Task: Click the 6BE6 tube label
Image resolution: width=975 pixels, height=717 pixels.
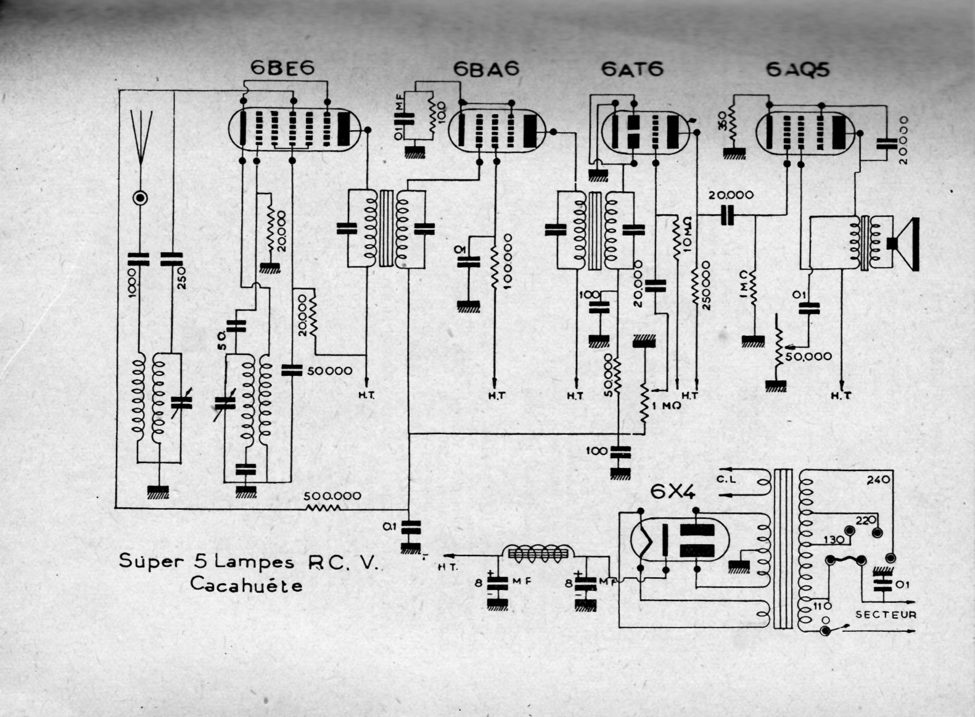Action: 282,68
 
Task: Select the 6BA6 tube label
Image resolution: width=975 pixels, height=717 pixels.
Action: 486,69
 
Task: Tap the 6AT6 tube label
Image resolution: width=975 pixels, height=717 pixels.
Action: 632,69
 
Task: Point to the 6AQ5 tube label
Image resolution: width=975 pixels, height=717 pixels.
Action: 798,70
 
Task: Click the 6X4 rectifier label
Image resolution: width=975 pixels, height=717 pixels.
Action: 673,492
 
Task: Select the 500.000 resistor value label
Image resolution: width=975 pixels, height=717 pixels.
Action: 332,496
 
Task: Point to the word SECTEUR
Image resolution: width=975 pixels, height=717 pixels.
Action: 886,615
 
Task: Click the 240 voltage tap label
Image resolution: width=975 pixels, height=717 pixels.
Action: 878,480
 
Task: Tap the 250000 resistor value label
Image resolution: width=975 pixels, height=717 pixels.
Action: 706,285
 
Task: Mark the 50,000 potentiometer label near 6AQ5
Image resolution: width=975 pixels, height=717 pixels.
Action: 808,356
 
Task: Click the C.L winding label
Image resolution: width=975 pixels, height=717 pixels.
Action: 726,479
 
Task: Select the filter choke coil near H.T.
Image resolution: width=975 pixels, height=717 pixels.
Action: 538,554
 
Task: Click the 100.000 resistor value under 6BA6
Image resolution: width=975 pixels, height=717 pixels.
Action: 507,261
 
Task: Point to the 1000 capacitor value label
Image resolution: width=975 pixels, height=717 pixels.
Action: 132,283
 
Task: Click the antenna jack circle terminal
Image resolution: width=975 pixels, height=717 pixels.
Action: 140,199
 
